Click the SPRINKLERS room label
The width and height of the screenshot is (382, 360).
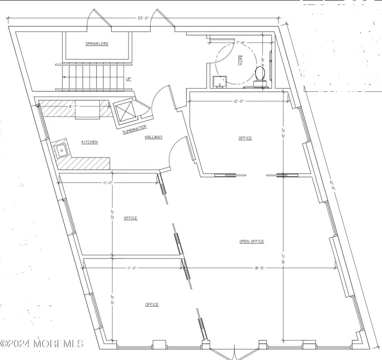tap(97, 44)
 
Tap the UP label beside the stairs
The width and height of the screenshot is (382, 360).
tap(128, 79)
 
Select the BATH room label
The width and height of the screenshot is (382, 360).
tap(240, 60)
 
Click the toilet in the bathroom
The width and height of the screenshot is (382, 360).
tap(260, 75)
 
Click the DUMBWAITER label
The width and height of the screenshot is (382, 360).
tap(134, 129)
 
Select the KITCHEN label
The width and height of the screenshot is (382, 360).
tap(90, 142)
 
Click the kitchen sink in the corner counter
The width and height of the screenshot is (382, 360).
tap(61, 150)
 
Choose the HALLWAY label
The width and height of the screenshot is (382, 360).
tap(153, 137)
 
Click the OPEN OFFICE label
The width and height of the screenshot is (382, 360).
tap(252, 241)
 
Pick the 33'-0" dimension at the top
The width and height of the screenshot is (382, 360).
tap(143, 18)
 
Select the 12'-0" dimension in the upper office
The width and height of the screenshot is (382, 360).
tap(238, 101)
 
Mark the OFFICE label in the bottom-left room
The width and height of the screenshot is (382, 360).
tap(152, 304)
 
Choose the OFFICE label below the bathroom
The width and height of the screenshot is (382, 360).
tap(245, 138)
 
